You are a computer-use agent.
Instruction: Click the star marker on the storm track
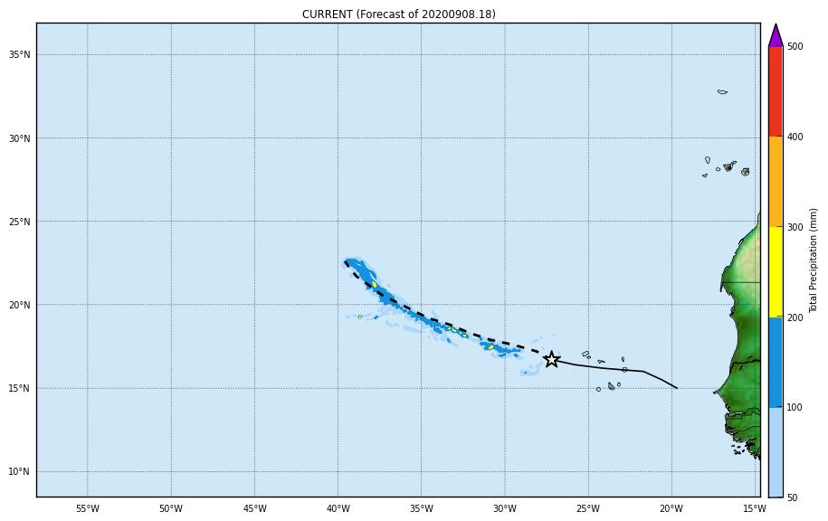(x=551, y=360)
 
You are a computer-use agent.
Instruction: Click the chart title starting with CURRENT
(x=398, y=14)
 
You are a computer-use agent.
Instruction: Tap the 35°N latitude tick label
(x=20, y=55)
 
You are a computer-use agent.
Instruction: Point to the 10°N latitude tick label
(x=20, y=472)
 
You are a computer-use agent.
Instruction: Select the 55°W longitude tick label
(x=87, y=508)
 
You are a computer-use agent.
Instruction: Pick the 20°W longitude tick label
(x=671, y=508)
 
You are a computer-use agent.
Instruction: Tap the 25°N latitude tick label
(x=20, y=222)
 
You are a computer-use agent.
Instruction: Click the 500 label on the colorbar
(x=795, y=46)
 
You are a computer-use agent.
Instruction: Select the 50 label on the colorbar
(x=792, y=497)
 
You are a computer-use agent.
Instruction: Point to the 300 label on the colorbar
(x=795, y=227)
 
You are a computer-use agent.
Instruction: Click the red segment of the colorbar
(x=776, y=90)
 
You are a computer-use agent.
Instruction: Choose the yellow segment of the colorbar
(x=776, y=271)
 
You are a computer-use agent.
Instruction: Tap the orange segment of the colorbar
(x=776, y=181)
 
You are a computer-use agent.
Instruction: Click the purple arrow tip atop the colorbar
(x=776, y=35)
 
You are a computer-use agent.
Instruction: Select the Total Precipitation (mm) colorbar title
(x=814, y=260)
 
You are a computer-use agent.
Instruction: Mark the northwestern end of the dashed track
(x=346, y=262)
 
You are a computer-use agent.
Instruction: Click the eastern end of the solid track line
(x=677, y=388)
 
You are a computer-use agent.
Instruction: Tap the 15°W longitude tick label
(x=755, y=508)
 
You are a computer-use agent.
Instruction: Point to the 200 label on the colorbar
(x=795, y=317)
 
